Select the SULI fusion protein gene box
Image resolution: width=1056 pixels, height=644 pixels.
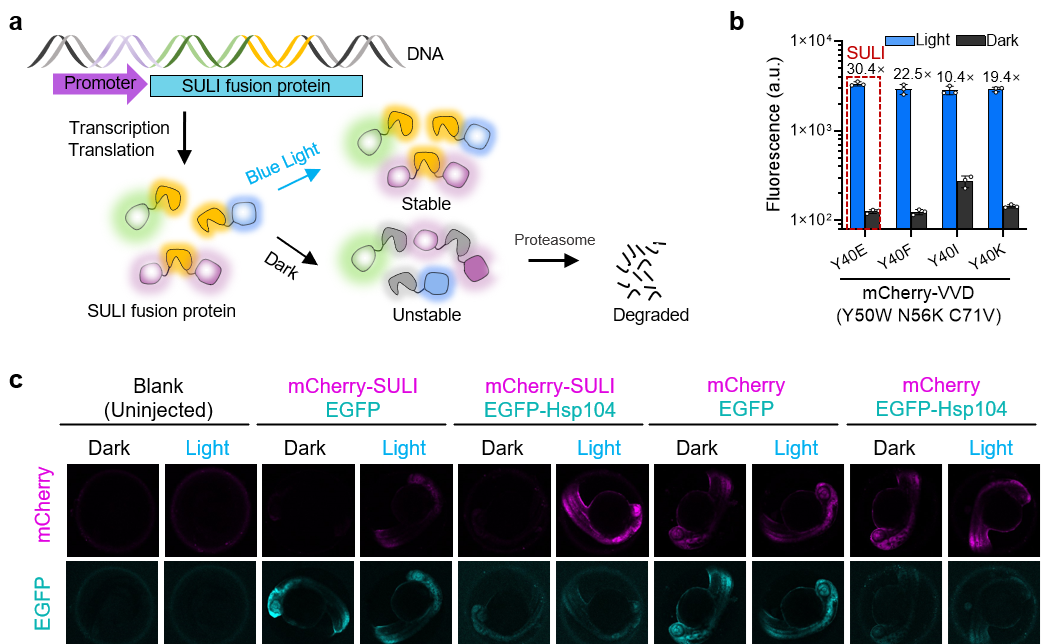coord(255,87)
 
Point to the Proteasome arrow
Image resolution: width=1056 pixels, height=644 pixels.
coord(552,262)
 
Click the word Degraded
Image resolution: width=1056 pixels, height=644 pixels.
coord(650,315)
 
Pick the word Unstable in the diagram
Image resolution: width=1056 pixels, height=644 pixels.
coord(421,314)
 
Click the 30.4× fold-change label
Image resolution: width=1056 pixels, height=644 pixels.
coord(862,69)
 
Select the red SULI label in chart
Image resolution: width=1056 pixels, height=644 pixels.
coord(862,53)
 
